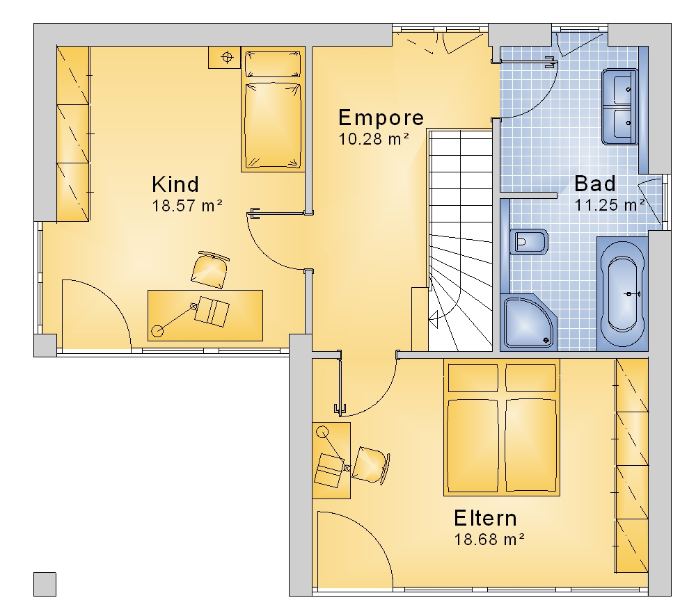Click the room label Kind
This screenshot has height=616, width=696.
point(175,184)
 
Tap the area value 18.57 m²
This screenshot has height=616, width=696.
point(187,206)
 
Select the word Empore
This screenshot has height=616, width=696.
point(381,117)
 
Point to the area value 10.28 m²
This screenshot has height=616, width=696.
point(373,139)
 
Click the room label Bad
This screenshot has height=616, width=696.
point(595,183)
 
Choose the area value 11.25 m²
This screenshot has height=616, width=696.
point(610,205)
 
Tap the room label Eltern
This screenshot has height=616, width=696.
point(485,518)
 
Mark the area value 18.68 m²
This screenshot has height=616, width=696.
point(489,540)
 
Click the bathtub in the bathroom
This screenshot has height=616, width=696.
point(622,294)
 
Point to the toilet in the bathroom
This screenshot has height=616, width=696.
point(528,242)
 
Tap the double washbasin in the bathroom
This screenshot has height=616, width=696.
point(619,106)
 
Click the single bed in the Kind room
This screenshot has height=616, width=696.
point(273,109)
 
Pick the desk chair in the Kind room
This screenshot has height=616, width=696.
point(209,269)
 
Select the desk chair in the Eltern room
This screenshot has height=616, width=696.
point(371,464)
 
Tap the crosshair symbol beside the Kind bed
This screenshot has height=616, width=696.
point(227,57)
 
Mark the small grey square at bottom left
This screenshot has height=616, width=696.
point(45,584)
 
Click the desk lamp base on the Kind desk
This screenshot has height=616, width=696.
point(157,331)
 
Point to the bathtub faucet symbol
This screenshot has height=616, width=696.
point(633,293)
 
